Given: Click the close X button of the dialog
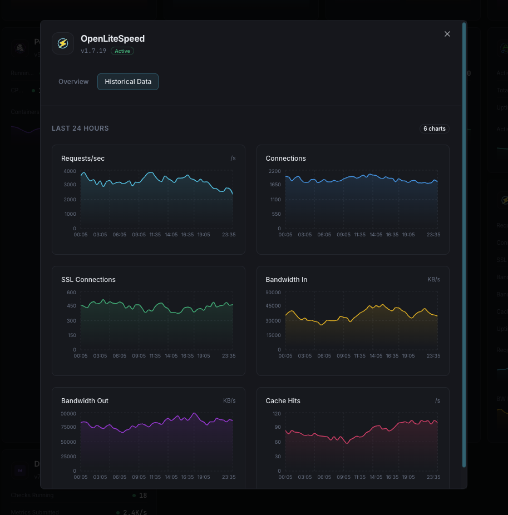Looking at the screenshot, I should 447,34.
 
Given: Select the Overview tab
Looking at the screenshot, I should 73,82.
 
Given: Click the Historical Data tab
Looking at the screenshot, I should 128,82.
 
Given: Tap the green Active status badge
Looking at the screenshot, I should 122,51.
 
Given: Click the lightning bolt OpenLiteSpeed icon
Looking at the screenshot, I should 63,43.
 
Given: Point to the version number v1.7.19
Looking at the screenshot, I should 93,51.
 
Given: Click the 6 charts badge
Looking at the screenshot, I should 434,128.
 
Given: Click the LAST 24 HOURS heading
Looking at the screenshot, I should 80,128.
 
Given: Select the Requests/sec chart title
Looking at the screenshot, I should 83,159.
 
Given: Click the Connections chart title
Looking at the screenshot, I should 286,159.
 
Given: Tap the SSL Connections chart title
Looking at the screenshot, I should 88,280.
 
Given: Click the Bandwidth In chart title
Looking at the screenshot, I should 287,280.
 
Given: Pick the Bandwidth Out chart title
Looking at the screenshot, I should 85,401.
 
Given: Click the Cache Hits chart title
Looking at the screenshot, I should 283,401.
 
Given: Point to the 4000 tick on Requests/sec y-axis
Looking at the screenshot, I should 70,171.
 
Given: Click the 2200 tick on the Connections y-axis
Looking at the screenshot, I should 274,171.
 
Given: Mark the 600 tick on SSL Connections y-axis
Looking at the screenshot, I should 71,293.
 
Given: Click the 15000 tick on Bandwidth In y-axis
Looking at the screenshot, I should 273,335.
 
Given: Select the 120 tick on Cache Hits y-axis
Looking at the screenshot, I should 277,414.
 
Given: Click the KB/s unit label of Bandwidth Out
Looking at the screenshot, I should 229,401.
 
